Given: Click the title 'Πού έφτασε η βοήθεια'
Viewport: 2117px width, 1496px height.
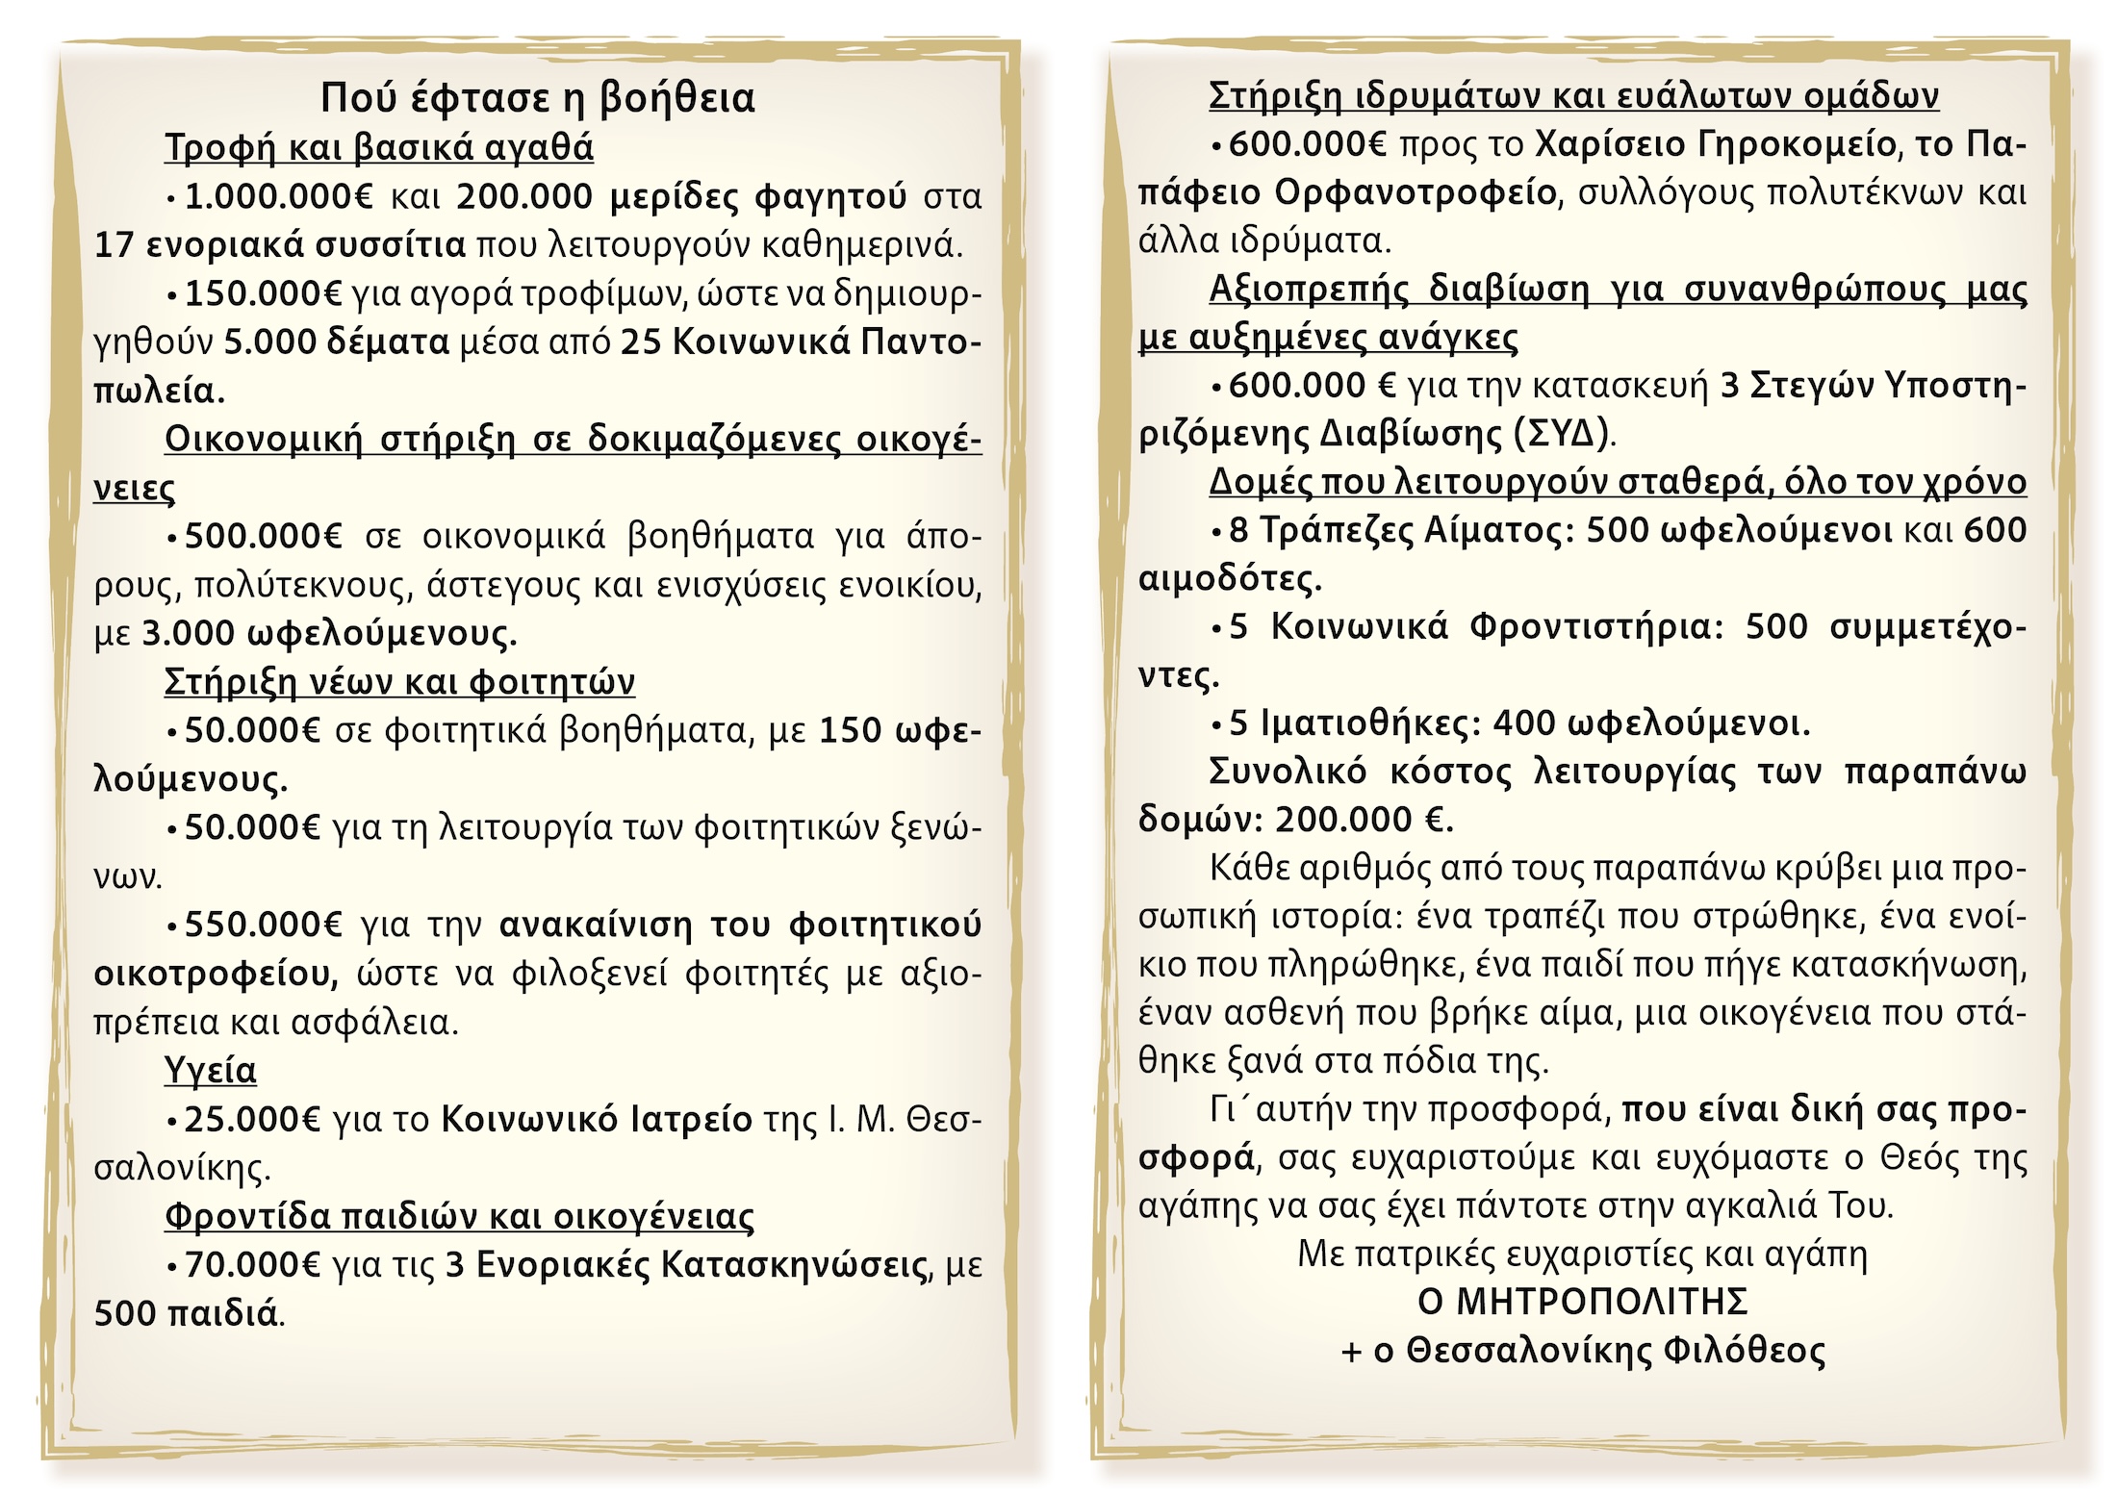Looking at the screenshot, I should [537, 98].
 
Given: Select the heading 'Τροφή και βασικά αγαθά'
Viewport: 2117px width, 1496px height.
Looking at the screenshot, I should [379, 148].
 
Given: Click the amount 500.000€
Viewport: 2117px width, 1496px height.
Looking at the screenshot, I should [263, 536].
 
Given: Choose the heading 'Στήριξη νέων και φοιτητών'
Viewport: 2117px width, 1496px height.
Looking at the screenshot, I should [399, 682].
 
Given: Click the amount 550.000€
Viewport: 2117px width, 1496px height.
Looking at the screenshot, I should [263, 925].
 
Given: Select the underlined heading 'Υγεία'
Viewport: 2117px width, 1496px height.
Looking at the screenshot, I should [211, 1071].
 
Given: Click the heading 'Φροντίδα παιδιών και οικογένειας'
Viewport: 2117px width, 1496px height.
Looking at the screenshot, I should [459, 1217].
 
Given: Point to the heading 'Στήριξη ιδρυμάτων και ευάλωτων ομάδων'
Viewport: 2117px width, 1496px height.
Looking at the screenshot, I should [1573, 96].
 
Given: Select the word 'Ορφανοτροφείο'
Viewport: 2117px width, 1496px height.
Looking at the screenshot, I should [1415, 193].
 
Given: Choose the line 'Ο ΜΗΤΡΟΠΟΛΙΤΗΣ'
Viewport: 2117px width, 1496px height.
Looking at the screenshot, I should [1582, 1303].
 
